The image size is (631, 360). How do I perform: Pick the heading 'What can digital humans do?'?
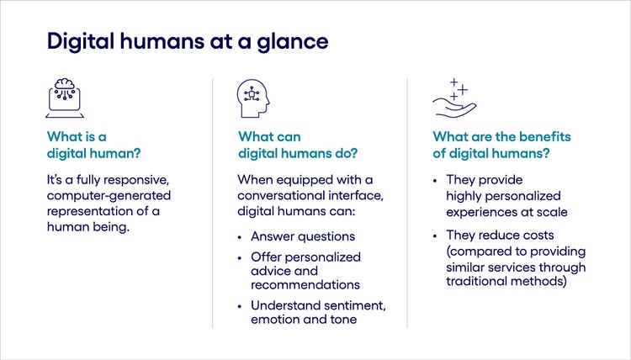298,144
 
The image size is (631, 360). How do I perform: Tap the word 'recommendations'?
305,285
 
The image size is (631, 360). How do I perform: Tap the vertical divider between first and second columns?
213,202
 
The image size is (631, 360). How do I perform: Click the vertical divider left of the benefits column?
407,202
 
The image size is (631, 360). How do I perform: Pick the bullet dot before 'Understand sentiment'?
241,305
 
